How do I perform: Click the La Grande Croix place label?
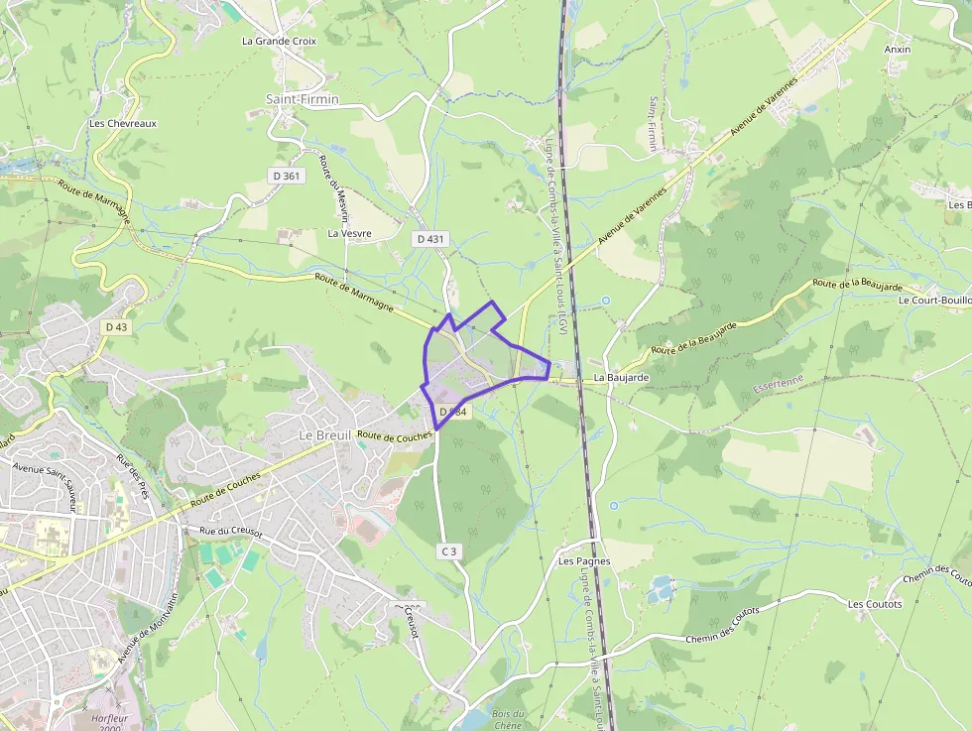(279, 42)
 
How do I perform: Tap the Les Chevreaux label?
(123, 124)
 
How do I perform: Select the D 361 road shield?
(286, 176)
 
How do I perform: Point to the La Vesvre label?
(348, 234)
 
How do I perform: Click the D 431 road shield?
(429, 239)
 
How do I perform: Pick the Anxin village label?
(897, 50)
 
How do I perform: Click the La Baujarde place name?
(622, 378)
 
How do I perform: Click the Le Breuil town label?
(325, 435)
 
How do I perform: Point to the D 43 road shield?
(116, 326)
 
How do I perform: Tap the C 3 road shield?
(449, 550)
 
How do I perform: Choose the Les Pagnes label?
(584, 561)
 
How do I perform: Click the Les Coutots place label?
(875, 604)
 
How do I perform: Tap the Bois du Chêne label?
(507, 719)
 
